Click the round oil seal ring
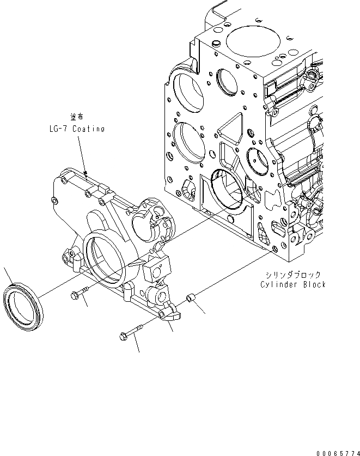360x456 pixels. [22, 303]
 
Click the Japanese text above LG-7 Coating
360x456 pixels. [76, 117]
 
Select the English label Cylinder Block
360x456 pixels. [292, 284]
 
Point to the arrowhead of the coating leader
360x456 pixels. [85, 174]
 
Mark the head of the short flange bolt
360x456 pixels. [75, 295]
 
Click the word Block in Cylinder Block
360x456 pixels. [314, 284]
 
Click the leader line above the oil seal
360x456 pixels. [7, 275]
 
